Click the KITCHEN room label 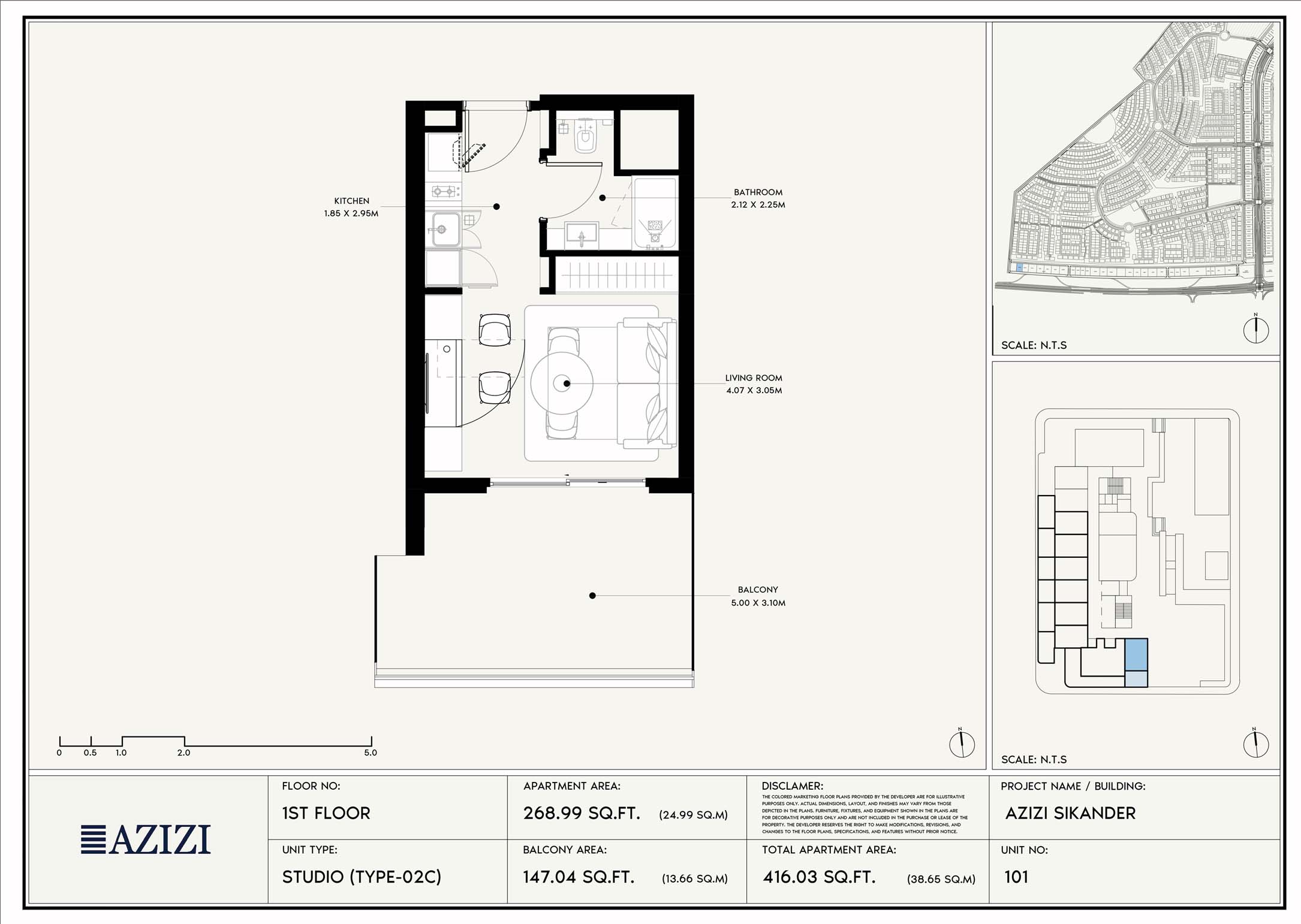pyautogui.click(x=351, y=201)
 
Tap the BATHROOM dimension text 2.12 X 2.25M pyautogui.click(x=758, y=205)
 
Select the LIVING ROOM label pyautogui.click(x=753, y=378)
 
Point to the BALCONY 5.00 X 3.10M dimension pyautogui.click(x=758, y=603)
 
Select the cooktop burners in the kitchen pyautogui.click(x=444, y=192)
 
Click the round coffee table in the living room pyautogui.click(x=562, y=383)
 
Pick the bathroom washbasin pyautogui.click(x=582, y=233)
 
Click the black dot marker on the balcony pyautogui.click(x=592, y=596)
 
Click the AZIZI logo pyautogui.click(x=146, y=839)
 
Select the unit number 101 pyautogui.click(x=1016, y=877)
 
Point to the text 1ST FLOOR pyautogui.click(x=326, y=813)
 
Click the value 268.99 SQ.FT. pyautogui.click(x=582, y=813)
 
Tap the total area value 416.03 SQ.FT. pyautogui.click(x=819, y=877)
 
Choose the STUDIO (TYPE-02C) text pyautogui.click(x=362, y=877)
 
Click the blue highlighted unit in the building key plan pyautogui.click(x=1136, y=654)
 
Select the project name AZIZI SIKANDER pyautogui.click(x=1070, y=813)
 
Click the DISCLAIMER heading pyautogui.click(x=792, y=786)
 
